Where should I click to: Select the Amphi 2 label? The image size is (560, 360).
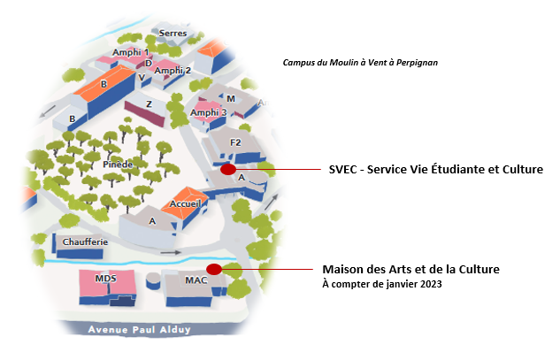tap(173, 70)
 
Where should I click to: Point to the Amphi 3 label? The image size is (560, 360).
tap(208, 112)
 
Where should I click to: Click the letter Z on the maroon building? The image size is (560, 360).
tap(149, 103)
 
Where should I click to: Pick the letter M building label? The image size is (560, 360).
tap(231, 98)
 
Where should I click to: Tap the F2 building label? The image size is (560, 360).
tap(235, 142)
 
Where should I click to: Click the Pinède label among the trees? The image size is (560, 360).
tap(118, 165)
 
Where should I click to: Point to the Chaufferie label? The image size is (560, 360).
tap(85, 241)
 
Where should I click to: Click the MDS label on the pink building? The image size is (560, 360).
tap(105, 280)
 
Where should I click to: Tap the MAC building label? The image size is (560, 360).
tap(196, 280)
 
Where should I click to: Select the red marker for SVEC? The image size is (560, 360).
tap(228, 169)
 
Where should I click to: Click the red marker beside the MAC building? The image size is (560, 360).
tap(213, 269)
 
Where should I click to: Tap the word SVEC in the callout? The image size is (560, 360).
tap(342, 169)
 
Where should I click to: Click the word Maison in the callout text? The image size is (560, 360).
tap(343, 269)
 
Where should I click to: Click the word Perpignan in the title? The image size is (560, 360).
tap(413, 63)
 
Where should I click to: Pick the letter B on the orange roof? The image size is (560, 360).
tap(104, 84)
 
